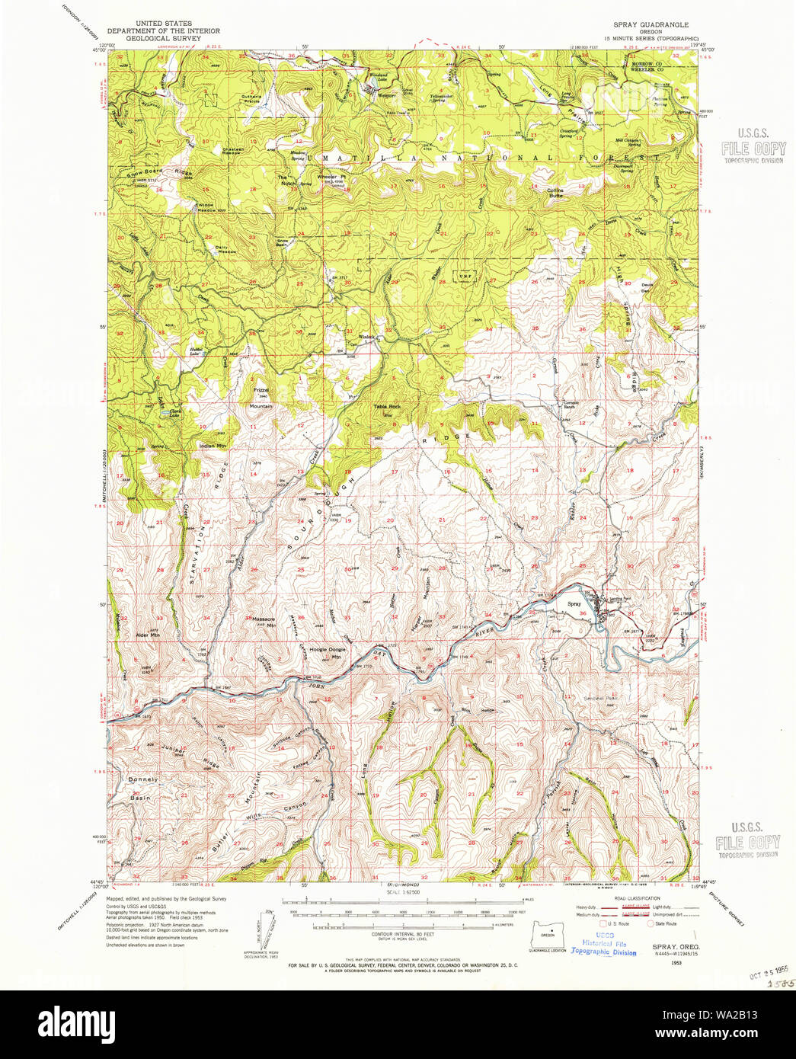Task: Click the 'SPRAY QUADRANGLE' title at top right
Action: click(x=651, y=24)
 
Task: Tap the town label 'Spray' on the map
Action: click(x=574, y=604)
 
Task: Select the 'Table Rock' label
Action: click(x=386, y=406)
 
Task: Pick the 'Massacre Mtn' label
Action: click(x=263, y=621)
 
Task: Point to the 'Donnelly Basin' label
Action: click(x=142, y=788)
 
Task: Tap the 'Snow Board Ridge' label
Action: click(x=159, y=172)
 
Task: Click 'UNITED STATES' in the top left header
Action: click(x=163, y=24)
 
